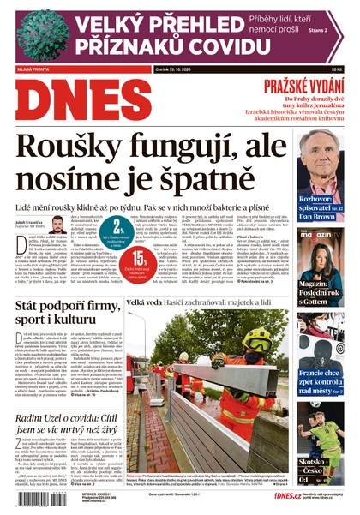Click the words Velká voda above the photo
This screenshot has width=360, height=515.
(x=147, y=303)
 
